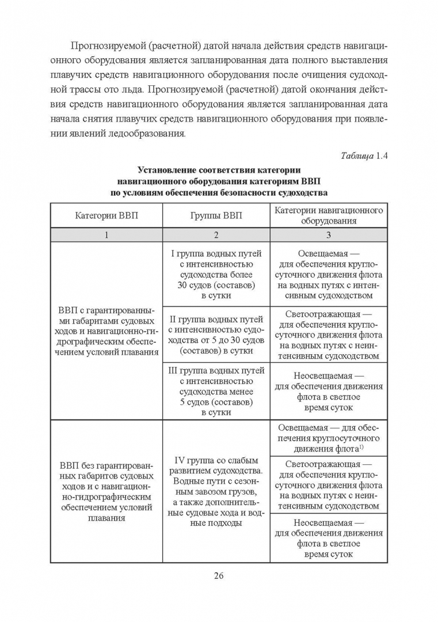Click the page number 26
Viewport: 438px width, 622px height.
click(218, 575)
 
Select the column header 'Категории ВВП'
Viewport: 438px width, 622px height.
click(106, 216)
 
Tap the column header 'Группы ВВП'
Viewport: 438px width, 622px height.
click(216, 216)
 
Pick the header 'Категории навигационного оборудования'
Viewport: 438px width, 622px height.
click(328, 216)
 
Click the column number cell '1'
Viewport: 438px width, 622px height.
click(106, 235)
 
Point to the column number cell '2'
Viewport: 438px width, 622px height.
click(216, 235)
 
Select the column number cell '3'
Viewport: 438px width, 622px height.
click(328, 235)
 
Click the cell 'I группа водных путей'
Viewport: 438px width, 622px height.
click(216, 274)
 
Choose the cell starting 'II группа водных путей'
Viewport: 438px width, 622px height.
click(216, 335)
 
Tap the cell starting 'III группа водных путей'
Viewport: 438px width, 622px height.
click(216, 391)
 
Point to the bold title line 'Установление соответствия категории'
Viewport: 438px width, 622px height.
click(219, 170)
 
